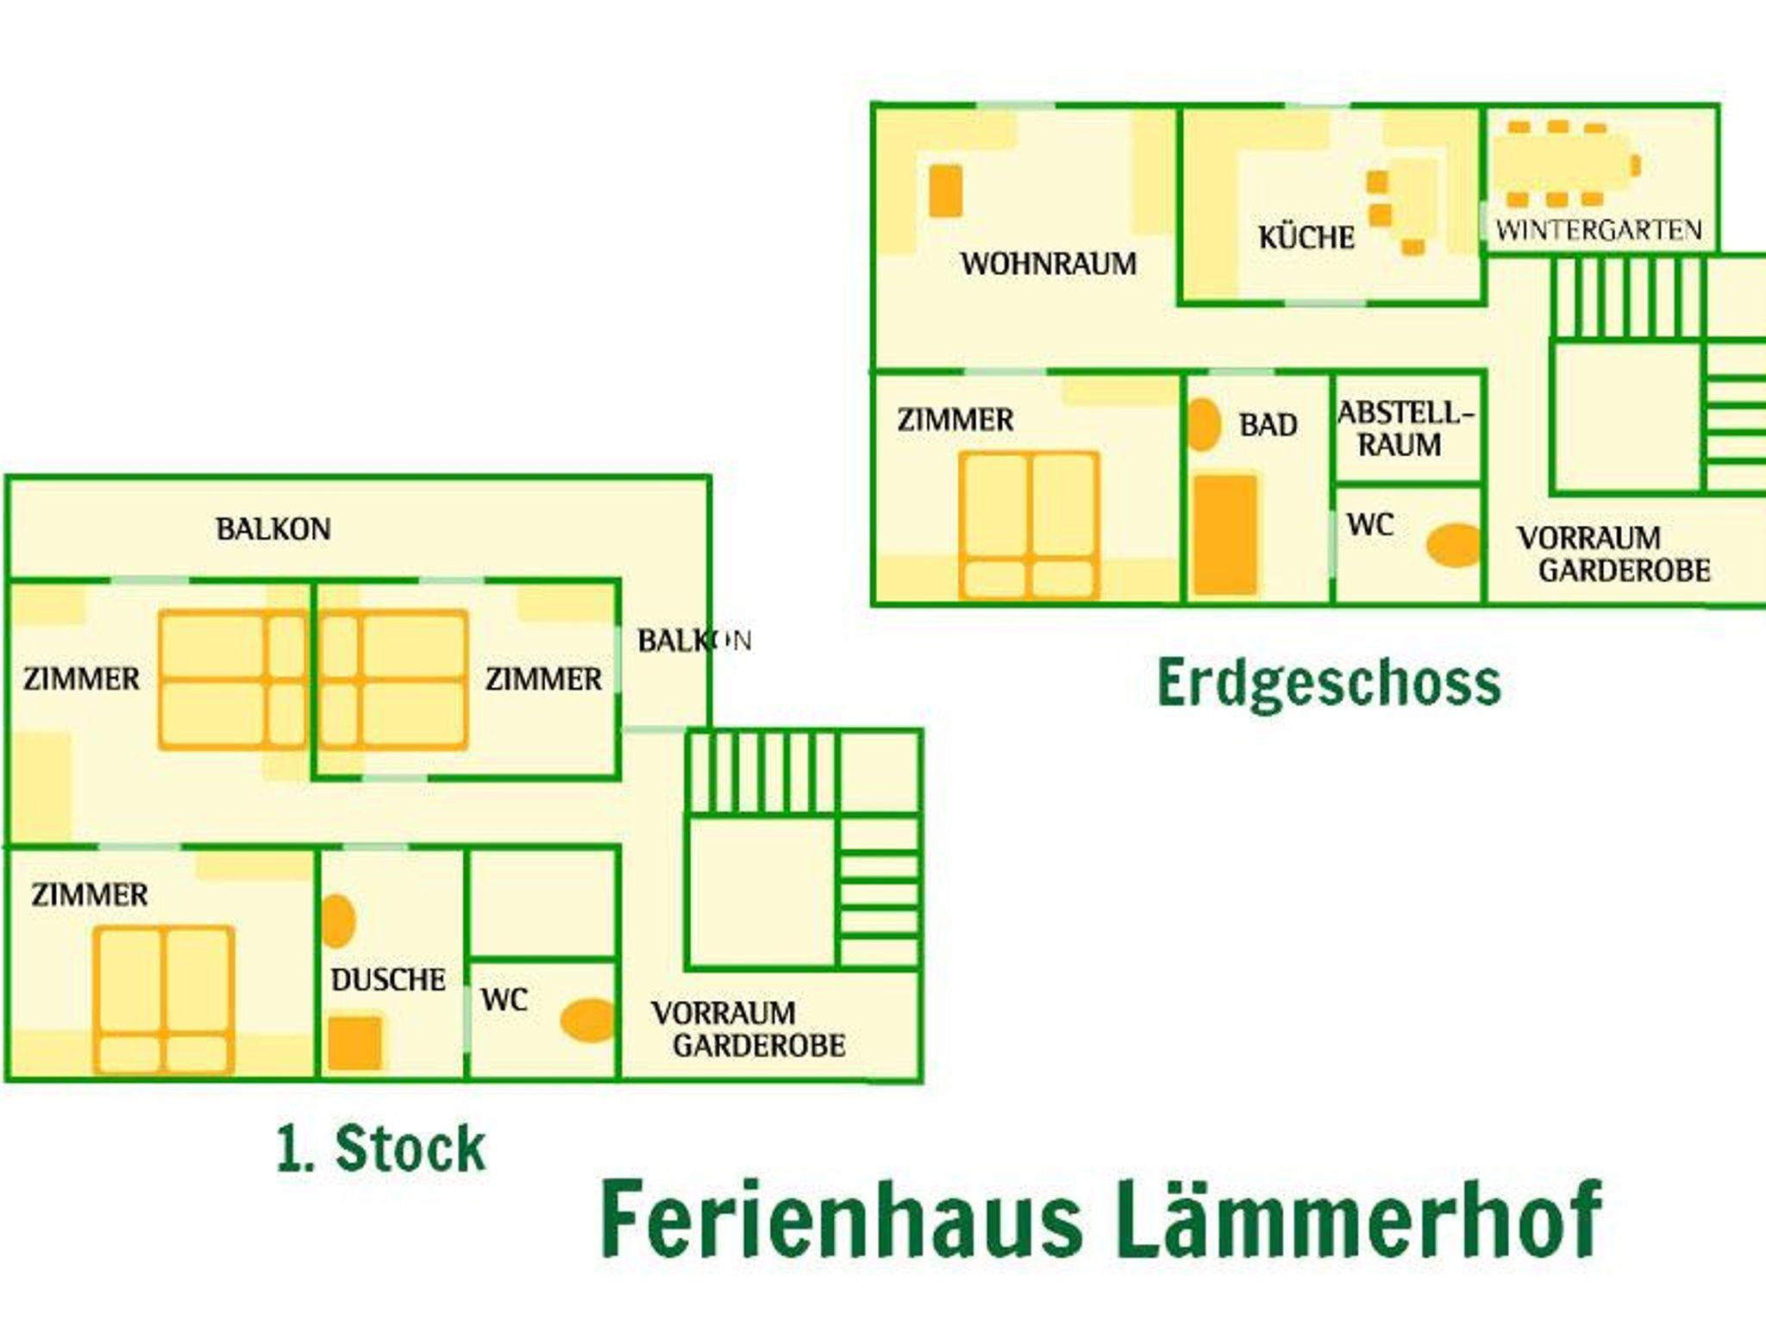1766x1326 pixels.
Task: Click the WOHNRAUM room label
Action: tap(1049, 264)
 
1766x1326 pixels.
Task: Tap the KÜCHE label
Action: tap(1306, 237)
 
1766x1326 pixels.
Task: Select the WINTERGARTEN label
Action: tap(1599, 230)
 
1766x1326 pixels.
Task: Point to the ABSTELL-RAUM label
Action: tap(1405, 428)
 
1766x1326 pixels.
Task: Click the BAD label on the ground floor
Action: tap(1268, 425)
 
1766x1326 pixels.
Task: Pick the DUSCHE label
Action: tap(388, 979)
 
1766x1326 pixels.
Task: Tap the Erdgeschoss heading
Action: tap(1328, 684)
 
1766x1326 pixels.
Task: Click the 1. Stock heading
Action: tap(381, 1148)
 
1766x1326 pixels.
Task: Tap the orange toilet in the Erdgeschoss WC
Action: tap(1453, 545)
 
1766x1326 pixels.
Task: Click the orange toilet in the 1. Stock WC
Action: tap(588, 1020)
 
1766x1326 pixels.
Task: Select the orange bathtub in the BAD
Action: tap(1225, 534)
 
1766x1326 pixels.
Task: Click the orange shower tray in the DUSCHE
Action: tap(354, 1042)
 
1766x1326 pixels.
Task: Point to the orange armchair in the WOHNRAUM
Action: tap(946, 191)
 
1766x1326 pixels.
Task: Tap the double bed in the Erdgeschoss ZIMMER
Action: tap(1029, 524)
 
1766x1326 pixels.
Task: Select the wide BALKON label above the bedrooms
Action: tap(272, 529)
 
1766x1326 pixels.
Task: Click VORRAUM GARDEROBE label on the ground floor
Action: tap(1613, 554)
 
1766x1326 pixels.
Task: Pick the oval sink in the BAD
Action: tap(1204, 424)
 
